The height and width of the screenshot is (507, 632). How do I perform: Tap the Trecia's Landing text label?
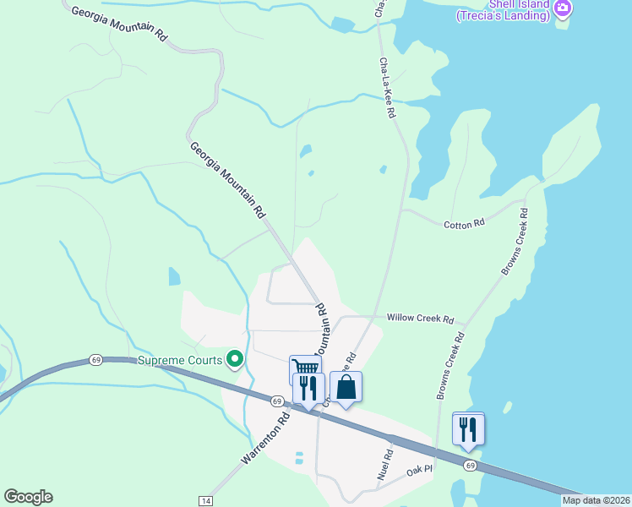coord(505,14)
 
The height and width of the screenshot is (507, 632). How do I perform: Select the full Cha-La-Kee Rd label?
coord(388,88)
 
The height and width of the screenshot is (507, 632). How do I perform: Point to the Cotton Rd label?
coord(465,223)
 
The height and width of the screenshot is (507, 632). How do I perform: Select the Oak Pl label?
coord(419,469)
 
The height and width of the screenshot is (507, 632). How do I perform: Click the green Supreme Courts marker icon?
coord(236,360)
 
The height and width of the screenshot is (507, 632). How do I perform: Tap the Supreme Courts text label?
coord(181,361)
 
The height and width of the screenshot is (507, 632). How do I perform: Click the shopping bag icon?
coord(346,387)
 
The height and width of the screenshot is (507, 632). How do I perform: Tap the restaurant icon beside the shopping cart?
coord(308,388)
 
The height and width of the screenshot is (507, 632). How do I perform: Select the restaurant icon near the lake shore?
coord(467,428)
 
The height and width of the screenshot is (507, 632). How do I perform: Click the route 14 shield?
coord(206,501)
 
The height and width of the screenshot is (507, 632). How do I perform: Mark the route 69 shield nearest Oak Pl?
coord(470,466)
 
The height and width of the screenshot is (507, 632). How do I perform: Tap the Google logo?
coord(28,497)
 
